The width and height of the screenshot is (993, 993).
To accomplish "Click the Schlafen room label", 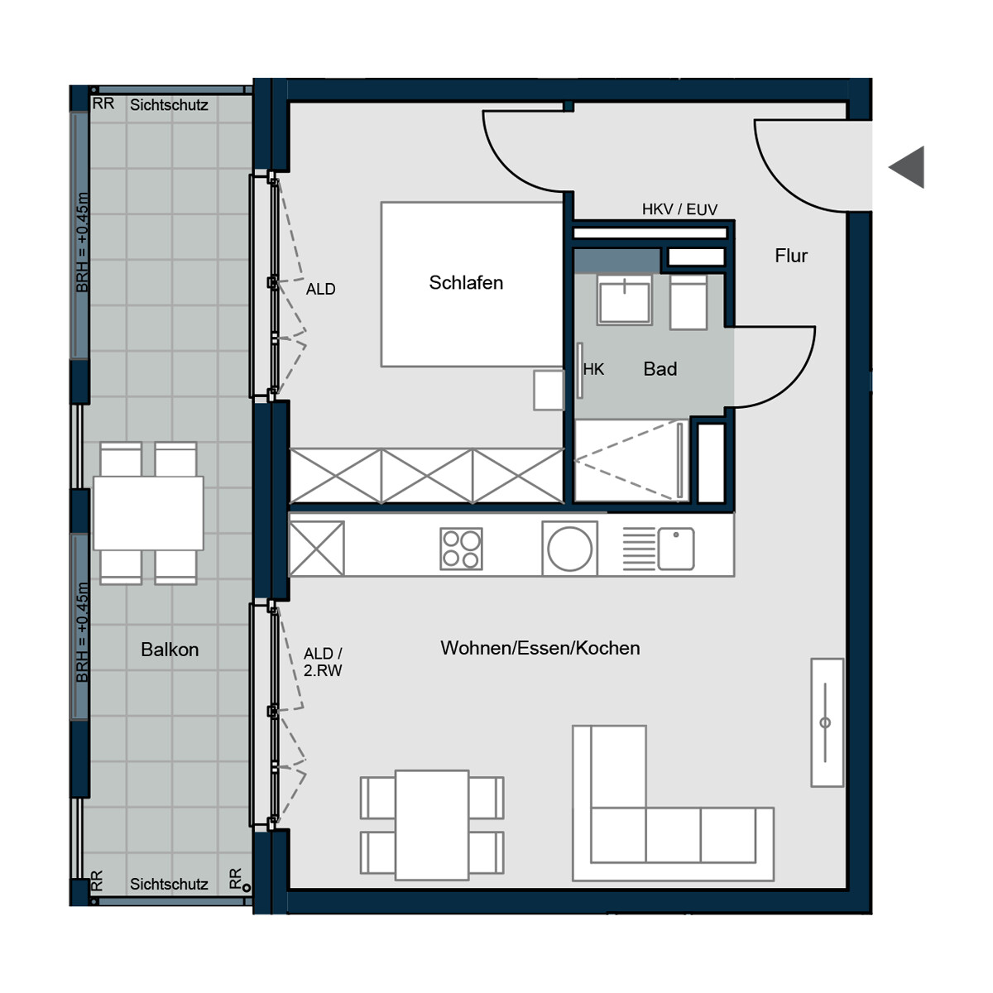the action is point(466,283).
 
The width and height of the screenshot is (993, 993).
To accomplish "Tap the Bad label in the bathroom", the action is point(660,369).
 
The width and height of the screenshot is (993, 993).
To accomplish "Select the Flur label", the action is point(791,256).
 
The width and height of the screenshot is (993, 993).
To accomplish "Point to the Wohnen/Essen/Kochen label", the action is point(540,648).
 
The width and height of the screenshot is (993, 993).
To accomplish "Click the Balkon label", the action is point(170,650).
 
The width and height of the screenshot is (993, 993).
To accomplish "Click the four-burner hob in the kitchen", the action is point(461,549).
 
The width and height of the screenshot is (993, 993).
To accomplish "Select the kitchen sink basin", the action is point(676,549).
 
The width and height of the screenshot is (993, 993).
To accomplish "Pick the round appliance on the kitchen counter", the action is point(569,549).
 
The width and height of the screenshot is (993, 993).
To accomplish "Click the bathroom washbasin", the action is point(624,300).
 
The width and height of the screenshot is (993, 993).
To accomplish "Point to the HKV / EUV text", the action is point(679,209).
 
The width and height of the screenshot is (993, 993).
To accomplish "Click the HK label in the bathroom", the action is point(593,369).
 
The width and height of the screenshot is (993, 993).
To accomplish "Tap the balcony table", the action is point(148,513).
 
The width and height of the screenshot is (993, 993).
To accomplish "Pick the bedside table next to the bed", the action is point(549,390).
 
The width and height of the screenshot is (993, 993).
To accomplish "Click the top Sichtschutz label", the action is point(169,105).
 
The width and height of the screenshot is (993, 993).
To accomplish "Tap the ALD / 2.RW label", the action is point(323,662).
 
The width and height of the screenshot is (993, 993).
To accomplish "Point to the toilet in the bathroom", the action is point(688,302).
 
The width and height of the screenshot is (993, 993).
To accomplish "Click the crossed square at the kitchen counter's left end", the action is point(316,549).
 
